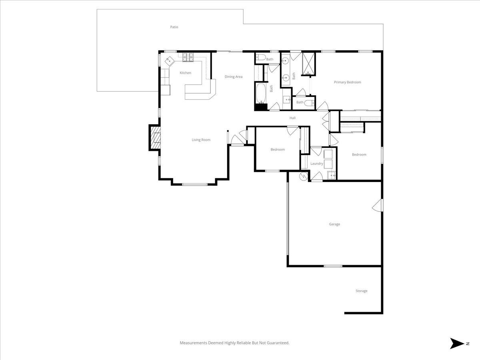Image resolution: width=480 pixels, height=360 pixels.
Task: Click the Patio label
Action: [x=174, y=27]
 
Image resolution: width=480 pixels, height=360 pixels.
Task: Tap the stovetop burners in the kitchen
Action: [x=188, y=58]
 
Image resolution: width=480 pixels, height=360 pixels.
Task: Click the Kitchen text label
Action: [x=185, y=73]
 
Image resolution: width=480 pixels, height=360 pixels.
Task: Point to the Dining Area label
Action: [x=233, y=77]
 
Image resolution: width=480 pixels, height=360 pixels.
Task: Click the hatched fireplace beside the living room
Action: [x=155, y=138]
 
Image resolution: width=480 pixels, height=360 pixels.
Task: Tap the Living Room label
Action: [x=201, y=140]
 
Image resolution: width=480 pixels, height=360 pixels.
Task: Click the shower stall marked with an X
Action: [x=308, y=64]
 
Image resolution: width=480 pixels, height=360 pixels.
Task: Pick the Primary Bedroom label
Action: [x=347, y=82]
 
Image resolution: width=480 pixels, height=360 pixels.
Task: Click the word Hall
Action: [x=292, y=118]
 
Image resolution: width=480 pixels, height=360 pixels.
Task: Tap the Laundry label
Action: [x=316, y=164]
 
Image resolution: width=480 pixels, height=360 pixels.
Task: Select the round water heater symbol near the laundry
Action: [x=304, y=176]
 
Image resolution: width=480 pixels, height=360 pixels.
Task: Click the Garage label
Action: [x=334, y=224]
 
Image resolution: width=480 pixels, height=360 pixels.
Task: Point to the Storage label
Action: [x=361, y=291]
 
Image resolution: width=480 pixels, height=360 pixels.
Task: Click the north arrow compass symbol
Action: [x=456, y=343]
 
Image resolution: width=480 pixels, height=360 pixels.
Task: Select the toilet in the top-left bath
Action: [x=259, y=58]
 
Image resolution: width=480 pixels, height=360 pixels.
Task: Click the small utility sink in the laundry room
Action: [x=332, y=175]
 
